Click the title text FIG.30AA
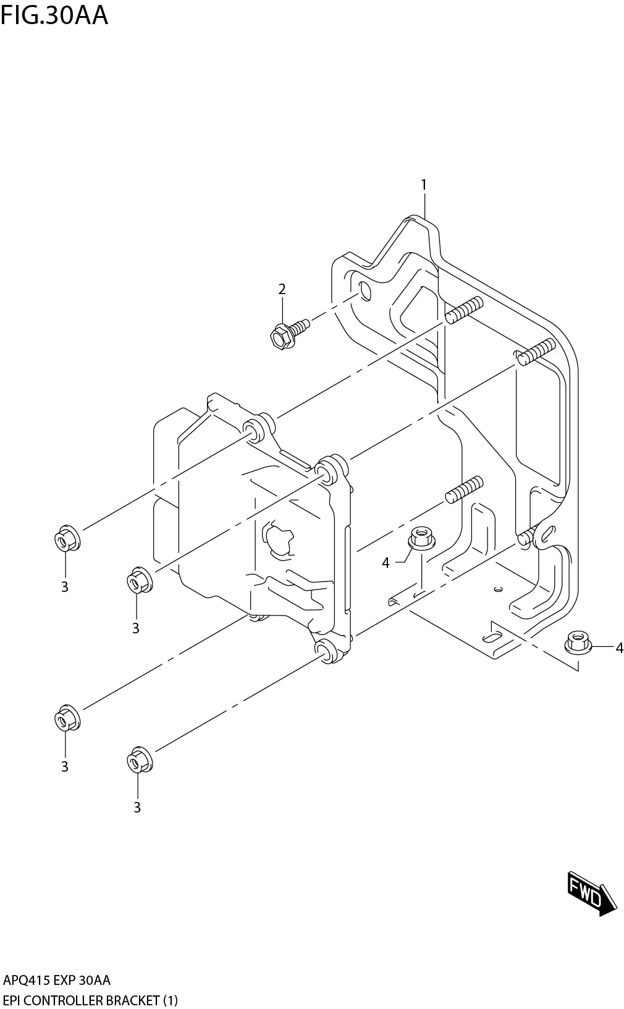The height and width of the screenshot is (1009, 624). tap(54, 15)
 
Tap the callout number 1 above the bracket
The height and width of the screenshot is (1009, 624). tap(424, 184)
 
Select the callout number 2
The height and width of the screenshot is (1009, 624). tap(282, 289)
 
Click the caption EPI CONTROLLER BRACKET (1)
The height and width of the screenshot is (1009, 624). tap(90, 1000)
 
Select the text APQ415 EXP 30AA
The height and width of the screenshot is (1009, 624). tap(57, 981)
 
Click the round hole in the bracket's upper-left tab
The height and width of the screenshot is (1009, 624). tap(365, 290)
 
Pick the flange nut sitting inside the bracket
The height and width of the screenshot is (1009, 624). tap(421, 537)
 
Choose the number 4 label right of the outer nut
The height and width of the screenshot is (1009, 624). tap(618, 648)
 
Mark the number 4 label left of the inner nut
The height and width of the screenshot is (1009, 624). tap(386, 563)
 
